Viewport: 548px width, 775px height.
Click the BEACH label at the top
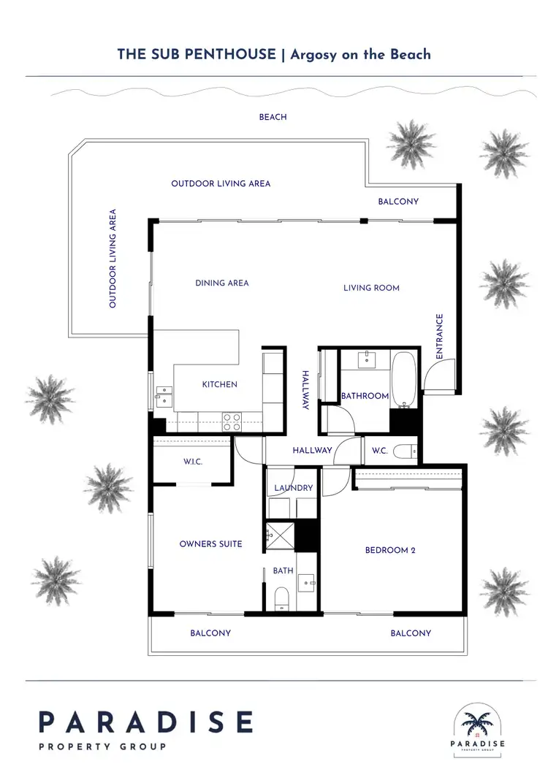pos(273,117)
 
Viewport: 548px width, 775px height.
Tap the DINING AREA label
pos(221,283)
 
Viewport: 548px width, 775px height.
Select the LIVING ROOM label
pos(371,288)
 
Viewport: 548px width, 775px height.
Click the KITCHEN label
pos(219,384)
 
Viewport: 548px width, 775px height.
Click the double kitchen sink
pos(164,395)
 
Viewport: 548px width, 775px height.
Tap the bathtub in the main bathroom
pos(403,378)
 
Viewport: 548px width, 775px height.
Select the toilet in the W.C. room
pos(405,451)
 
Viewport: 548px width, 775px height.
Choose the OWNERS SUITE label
pos(210,543)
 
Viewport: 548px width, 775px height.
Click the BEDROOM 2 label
pos(390,550)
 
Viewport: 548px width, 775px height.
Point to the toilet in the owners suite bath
pos(281,600)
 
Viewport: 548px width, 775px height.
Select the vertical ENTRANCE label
pos(440,336)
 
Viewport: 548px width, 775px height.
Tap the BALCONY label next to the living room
pos(398,201)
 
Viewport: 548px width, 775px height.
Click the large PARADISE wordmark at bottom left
pos(145,722)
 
